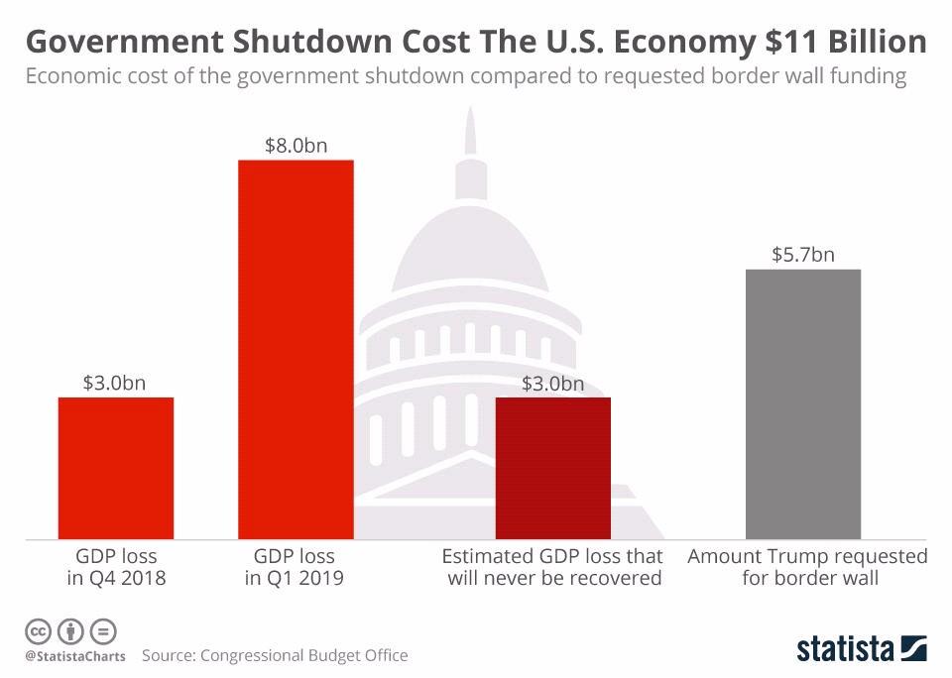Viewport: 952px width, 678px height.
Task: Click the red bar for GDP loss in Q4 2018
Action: point(116,468)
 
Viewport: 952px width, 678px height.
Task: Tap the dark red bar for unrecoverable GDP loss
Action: point(553,468)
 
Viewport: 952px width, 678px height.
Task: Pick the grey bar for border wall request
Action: point(803,404)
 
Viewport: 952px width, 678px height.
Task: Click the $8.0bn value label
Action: point(296,145)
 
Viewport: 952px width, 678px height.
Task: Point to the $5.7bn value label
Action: point(803,255)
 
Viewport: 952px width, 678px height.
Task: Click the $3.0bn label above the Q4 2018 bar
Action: point(115,383)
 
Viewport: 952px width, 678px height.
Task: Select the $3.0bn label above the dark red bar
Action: point(553,383)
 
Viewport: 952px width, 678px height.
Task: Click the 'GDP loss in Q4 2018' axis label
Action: point(116,567)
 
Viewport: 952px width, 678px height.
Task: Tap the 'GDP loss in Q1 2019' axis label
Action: point(295,567)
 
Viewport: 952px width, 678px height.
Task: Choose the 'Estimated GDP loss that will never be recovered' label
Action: point(553,567)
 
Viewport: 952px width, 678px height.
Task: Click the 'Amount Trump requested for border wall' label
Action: point(808,567)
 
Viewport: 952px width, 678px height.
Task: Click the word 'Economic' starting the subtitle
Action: point(69,77)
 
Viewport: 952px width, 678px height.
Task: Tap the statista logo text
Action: point(844,649)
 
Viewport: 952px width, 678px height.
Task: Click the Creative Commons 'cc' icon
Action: point(38,630)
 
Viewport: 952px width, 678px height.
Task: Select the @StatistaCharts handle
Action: point(75,657)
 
